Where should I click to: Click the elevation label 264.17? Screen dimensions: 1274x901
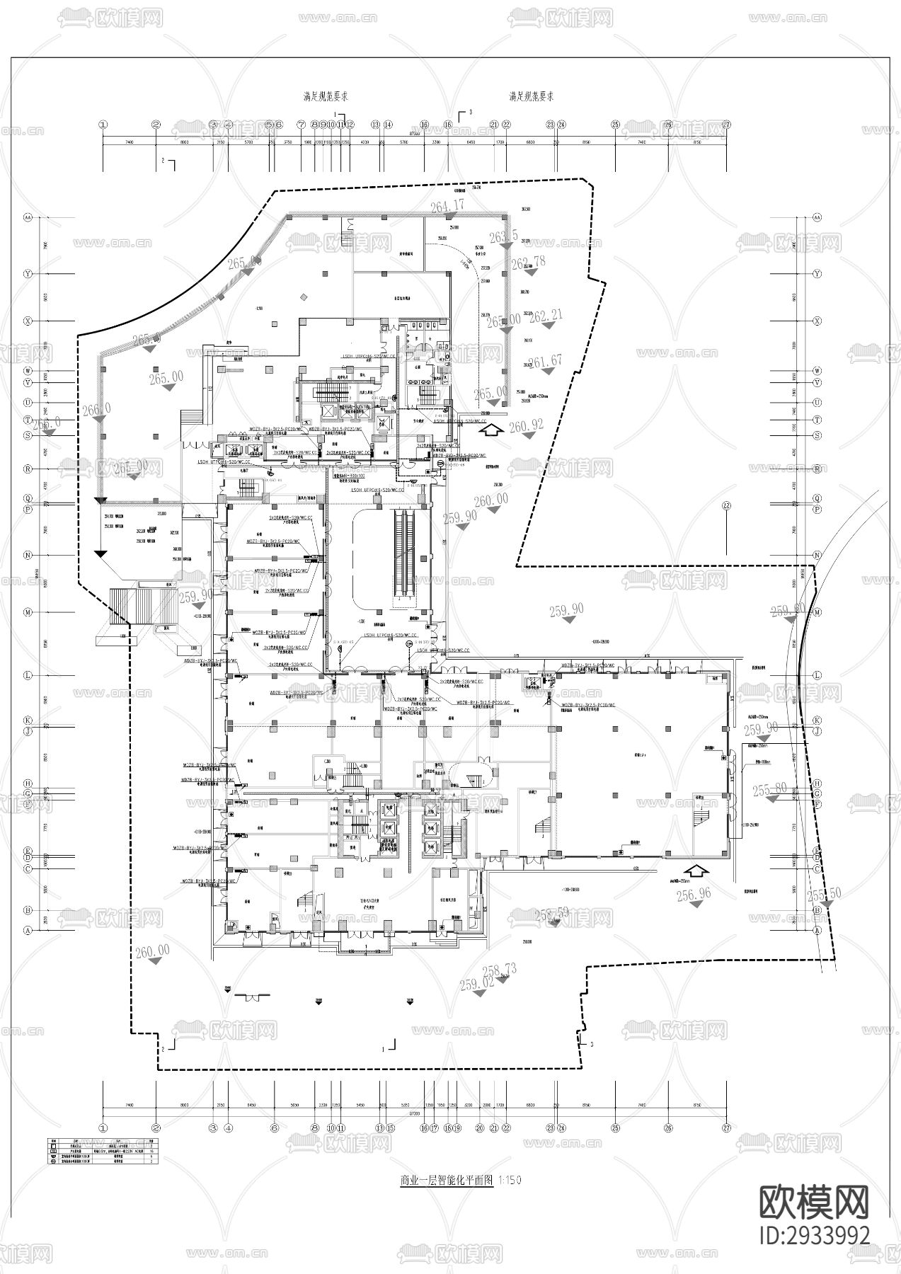click(x=447, y=205)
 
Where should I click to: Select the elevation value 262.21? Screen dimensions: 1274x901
click(x=545, y=316)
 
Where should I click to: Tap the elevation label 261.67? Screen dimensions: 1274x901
click(x=545, y=362)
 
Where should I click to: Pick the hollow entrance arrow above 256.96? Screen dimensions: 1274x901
click(x=696, y=871)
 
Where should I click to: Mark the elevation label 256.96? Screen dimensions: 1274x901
click(x=694, y=894)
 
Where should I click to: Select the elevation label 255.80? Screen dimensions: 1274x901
click(x=769, y=789)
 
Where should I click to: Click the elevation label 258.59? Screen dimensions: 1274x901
click(x=551, y=914)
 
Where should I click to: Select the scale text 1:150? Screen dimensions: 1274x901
click(x=510, y=1180)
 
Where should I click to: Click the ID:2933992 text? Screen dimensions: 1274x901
click(x=814, y=1235)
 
